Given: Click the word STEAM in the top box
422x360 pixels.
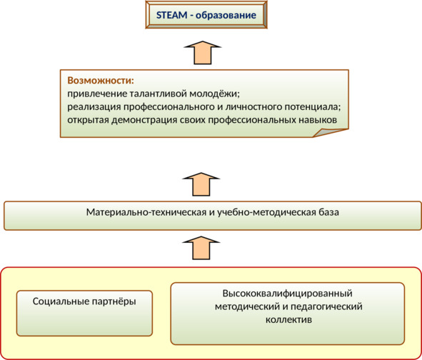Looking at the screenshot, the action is [171, 15].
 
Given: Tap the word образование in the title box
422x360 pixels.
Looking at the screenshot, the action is [226, 15].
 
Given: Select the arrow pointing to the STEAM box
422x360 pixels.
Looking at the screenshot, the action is [202, 53].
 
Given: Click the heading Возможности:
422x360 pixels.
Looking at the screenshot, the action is [101, 81].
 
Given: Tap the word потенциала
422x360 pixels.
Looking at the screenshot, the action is [313, 107].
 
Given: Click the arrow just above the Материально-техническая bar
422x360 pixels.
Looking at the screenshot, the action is [201, 184].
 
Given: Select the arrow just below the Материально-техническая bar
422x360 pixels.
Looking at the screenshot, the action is [201, 248].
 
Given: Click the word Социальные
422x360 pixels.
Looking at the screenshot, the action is [61, 301].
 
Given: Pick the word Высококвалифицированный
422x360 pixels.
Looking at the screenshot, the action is [288, 294].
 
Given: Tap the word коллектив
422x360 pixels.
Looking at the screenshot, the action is [288, 320].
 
